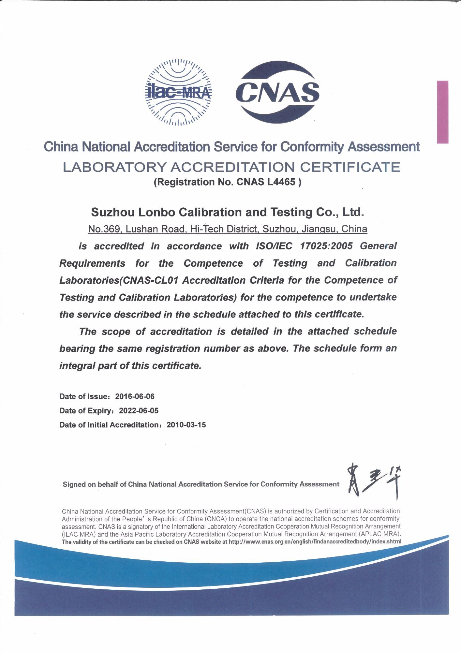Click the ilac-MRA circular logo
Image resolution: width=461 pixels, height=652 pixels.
click(178, 93)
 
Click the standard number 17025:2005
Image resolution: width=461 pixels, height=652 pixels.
click(326, 246)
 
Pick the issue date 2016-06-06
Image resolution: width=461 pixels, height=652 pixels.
click(135, 396)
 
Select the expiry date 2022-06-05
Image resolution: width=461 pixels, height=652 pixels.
click(139, 411)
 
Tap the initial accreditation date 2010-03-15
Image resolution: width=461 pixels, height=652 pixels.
click(186, 425)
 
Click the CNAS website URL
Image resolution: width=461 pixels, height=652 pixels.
click(315, 542)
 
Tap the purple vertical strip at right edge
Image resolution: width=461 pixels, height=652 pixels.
click(442, 112)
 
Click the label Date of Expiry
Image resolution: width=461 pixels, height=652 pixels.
click(86, 411)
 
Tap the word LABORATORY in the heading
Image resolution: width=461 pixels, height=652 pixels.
click(114, 167)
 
